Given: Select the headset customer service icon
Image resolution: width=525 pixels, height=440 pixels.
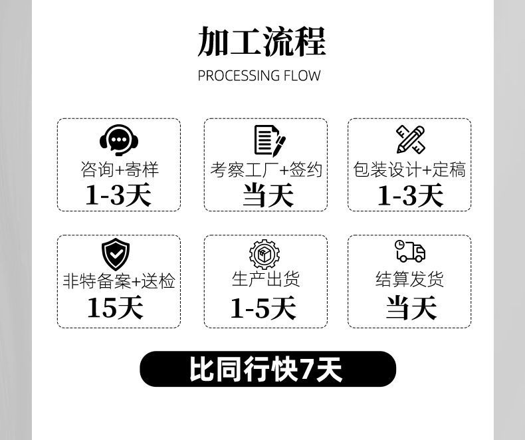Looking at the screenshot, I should tap(119, 140).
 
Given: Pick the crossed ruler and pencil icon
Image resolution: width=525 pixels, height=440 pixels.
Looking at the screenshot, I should tap(410, 140).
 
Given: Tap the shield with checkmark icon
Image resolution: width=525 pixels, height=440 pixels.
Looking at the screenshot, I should tap(116, 255).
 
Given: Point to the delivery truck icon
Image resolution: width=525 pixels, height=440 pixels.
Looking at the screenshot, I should tap(409, 251).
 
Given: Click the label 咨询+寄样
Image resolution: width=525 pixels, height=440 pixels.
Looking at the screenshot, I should tap(120, 169).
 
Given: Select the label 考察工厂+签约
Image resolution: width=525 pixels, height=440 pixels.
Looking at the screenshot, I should tap(266, 169).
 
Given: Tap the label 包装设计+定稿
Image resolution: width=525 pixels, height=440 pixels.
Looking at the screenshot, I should tap(409, 169).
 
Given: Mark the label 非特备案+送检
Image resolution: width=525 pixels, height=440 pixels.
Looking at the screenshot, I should tap(119, 280).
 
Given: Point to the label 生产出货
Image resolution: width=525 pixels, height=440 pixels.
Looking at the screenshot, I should tap(266, 278).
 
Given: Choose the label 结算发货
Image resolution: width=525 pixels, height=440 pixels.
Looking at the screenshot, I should tap(409, 279).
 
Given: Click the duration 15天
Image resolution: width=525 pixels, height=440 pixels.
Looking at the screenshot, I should tap(115, 308).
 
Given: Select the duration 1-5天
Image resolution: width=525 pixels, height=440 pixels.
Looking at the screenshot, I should tap(263, 308).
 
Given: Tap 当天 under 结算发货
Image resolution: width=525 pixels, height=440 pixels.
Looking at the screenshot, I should tap(411, 308).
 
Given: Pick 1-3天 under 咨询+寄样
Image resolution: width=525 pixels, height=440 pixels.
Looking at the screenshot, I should tap(118, 195).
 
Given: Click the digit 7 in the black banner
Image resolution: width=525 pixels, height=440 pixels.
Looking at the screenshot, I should tap(308, 370).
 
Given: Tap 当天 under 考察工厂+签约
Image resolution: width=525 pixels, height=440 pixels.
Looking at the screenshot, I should tap(267, 195).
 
